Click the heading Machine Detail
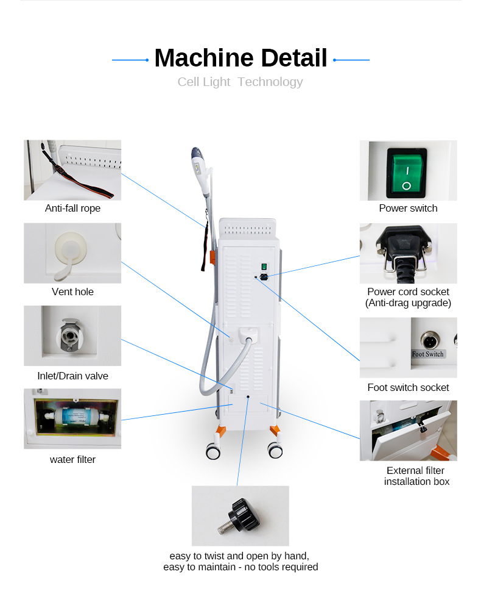coord(240,58)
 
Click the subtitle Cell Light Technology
coord(240,82)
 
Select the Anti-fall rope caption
coord(72,209)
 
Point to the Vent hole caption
coord(72,292)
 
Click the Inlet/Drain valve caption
coord(72,376)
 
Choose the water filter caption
coord(72,459)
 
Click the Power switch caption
coord(408,209)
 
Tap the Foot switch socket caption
coord(408,387)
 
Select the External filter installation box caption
coord(416,476)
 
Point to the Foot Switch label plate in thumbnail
coord(428,354)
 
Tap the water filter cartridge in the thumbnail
coord(73,419)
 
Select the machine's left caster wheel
coord(213,452)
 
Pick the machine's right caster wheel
coord(275,451)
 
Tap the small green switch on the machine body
coord(264,266)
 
